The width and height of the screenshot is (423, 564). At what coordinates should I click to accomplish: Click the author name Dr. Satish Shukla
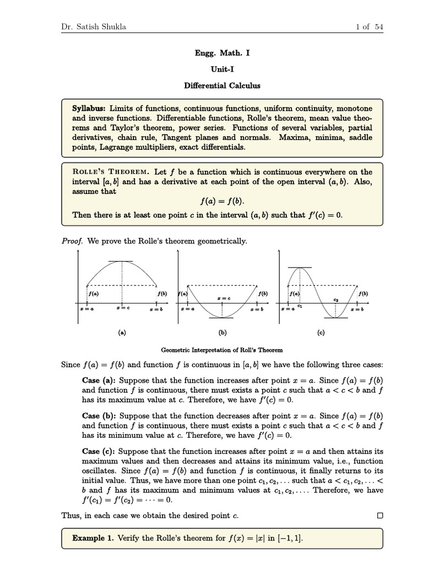(x=93, y=27)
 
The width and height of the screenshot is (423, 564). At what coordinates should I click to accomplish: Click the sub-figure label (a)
(x=122, y=332)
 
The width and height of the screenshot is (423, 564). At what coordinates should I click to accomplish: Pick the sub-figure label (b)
(x=223, y=332)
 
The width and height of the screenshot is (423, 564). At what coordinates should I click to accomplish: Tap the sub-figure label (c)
(x=321, y=332)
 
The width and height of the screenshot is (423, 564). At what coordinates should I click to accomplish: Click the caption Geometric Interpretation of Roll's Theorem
(x=222, y=350)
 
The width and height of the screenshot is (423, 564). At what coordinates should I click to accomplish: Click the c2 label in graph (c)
(x=335, y=300)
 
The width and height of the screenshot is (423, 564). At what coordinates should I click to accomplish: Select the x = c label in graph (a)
(x=122, y=308)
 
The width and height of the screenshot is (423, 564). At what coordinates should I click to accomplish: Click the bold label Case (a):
(x=99, y=380)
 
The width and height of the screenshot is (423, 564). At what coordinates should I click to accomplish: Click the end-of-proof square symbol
(x=379, y=516)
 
